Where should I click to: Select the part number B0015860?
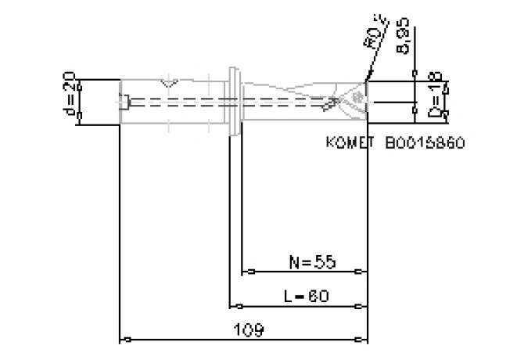[425, 144]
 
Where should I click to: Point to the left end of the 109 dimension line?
[121, 340]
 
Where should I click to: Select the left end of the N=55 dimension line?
[242, 272]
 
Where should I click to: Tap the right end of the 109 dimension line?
[367, 340]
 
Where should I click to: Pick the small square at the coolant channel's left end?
[126, 101]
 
